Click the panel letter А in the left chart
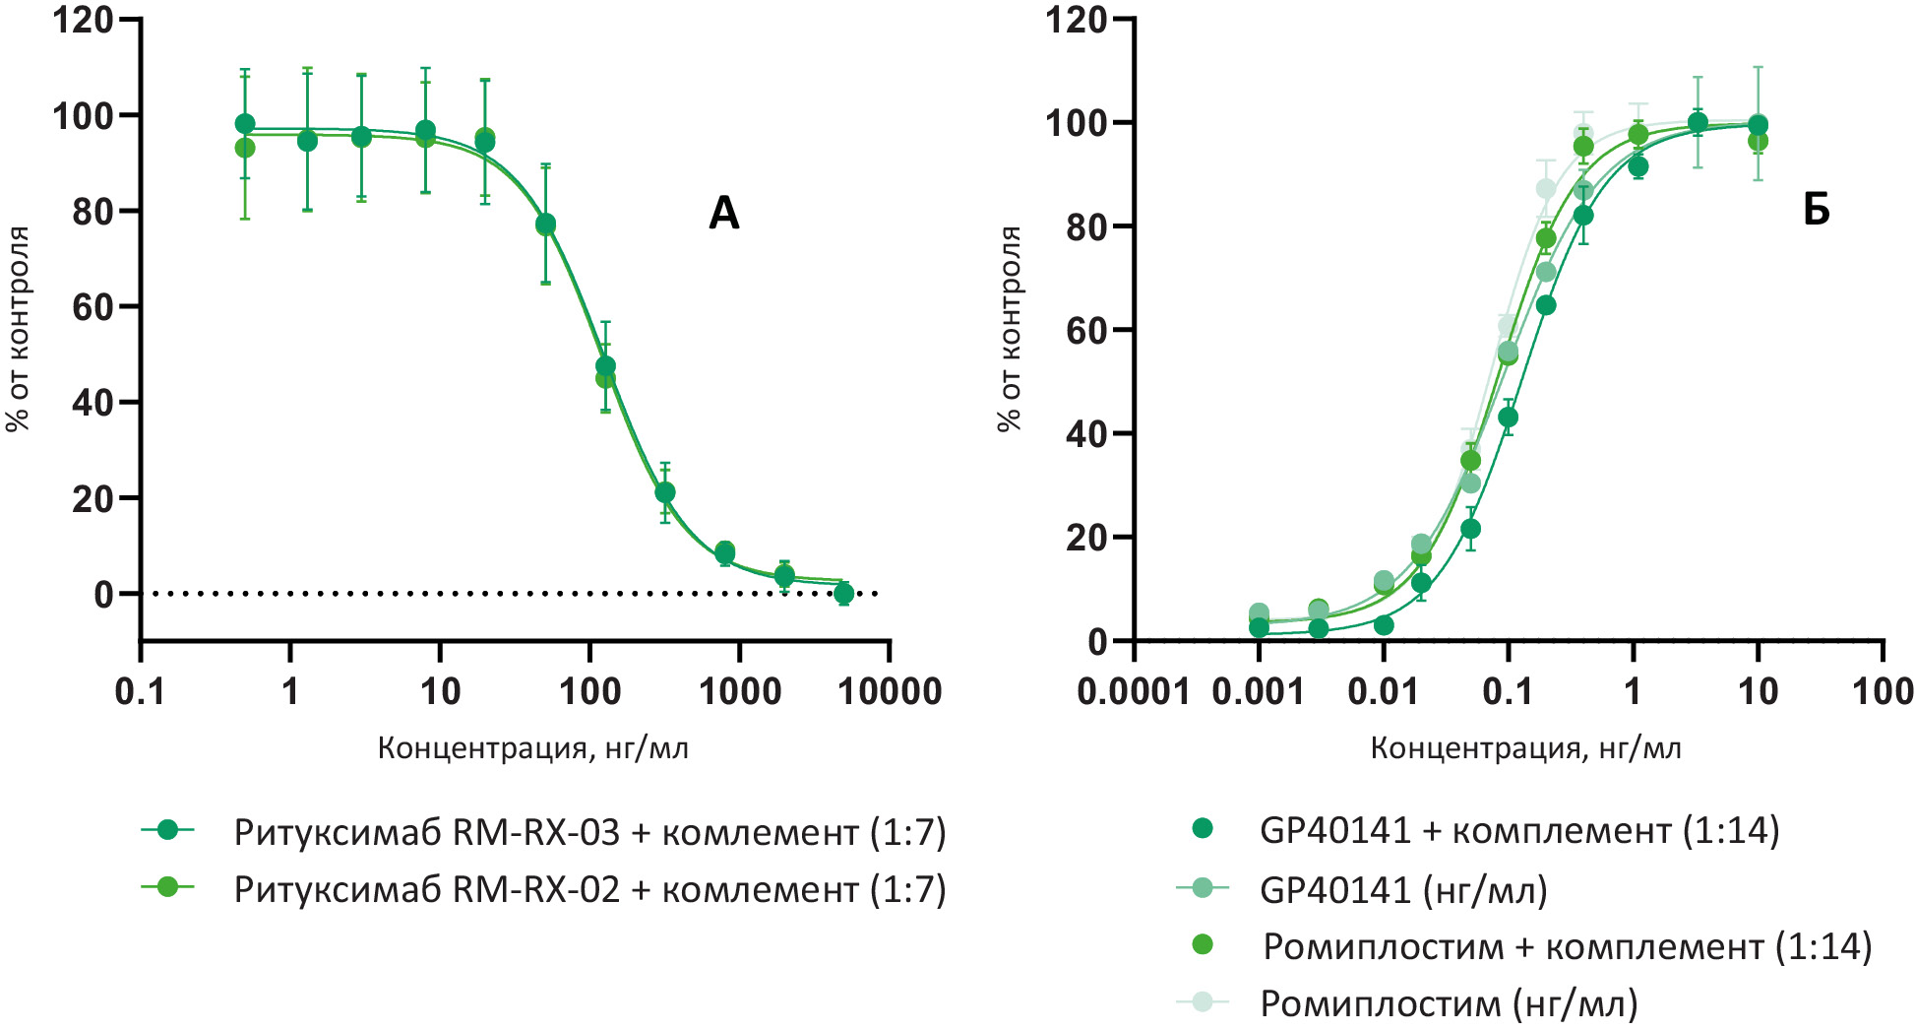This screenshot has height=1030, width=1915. point(723,213)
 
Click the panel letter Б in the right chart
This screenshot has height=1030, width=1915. point(1816,209)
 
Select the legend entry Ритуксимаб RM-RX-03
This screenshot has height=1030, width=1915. point(588,832)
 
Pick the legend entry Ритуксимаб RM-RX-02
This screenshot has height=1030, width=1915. point(588,889)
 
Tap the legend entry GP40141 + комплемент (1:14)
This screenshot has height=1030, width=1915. point(1518,830)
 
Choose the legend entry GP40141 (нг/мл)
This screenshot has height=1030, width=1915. point(1403,889)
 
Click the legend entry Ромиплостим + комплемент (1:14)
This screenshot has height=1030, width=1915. point(1567,946)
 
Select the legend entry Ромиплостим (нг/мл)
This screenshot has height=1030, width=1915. point(1449,1003)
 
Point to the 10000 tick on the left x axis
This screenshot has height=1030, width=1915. point(890,691)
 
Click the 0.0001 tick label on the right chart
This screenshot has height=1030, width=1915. point(1134,691)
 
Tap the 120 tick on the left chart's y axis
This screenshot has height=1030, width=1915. point(83,20)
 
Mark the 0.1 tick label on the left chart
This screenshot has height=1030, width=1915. point(140,691)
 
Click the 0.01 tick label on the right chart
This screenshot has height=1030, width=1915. point(1383,691)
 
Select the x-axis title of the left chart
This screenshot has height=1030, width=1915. point(532,748)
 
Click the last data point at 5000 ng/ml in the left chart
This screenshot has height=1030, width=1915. point(843,593)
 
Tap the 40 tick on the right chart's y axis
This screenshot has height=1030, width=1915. point(1086,433)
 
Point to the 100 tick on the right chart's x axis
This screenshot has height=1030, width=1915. point(1883,691)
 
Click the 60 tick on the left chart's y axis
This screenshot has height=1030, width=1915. point(93,306)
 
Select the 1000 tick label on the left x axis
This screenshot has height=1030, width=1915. point(739,691)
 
